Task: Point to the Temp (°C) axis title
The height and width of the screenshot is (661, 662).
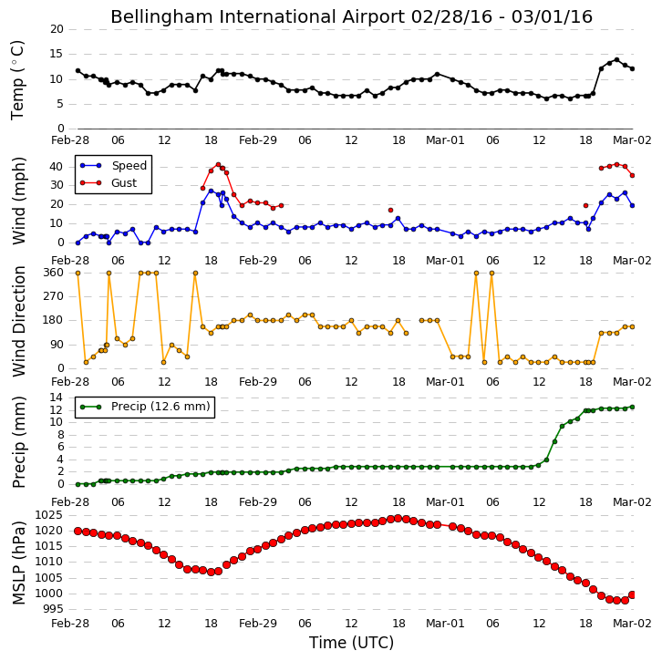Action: [x=17, y=80]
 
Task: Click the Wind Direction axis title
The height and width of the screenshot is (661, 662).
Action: [x=18, y=321]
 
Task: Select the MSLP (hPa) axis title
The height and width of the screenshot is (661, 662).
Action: [x=18, y=563]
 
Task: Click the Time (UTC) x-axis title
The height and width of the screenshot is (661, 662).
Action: [x=351, y=643]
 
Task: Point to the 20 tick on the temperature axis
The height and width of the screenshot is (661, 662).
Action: [x=57, y=29]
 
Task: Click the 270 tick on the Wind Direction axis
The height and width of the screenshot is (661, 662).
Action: [x=53, y=296]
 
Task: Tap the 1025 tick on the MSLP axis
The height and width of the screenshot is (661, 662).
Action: [x=48, y=515]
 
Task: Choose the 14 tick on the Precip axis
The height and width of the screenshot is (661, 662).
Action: [x=57, y=398]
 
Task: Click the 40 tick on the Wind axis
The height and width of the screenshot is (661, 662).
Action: [x=57, y=167]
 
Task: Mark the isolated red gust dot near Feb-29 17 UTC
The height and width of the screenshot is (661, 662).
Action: [x=390, y=211]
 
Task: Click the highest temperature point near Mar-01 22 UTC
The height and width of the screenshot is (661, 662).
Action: [x=616, y=60]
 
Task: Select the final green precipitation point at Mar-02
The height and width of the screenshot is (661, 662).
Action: [x=632, y=407]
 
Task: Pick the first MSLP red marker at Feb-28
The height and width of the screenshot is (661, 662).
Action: [x=78, y=531]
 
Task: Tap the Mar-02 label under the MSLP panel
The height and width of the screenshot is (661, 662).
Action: [x=632, y=624]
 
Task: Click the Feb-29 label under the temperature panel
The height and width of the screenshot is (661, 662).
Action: [x=257, y=140]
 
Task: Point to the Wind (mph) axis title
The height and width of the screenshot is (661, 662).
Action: [x=18, y=201]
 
